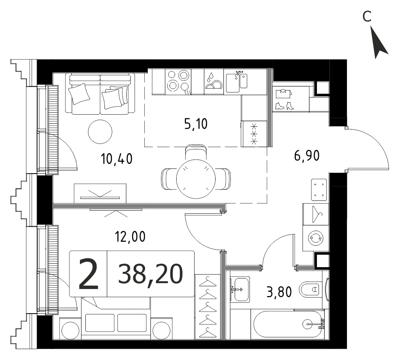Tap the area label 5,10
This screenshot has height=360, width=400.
196,124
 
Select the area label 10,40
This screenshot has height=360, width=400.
117,159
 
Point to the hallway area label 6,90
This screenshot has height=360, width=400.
307,156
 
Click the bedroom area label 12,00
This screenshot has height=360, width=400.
130,236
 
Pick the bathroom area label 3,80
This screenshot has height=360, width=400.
279,292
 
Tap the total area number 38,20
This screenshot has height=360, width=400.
150,274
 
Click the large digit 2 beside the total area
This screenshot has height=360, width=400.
88,274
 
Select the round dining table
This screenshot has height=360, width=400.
196,179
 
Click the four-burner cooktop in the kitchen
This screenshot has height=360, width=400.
178,82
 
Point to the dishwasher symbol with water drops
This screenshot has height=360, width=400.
214,82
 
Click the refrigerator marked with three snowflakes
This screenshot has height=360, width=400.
254,134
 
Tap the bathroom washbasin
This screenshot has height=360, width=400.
240,289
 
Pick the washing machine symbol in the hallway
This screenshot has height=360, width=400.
316,238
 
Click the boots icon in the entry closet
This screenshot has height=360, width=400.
285,106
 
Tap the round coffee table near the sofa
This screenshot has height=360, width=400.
100,132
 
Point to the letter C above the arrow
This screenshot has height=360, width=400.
367,17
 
